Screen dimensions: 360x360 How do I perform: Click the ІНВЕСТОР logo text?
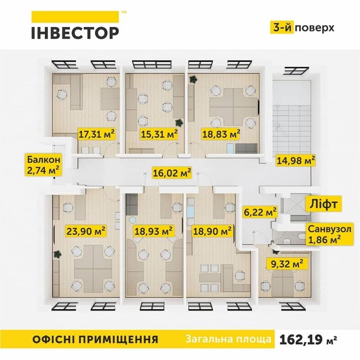pyautogui.click(x=74, y=31)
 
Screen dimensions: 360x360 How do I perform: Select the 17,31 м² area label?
pyautogui.click(x=97, y=134)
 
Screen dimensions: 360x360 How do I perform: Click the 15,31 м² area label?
pyautogui.click(x=159, y=134)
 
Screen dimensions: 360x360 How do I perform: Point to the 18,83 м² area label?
pyautogui.click(x=221, y=134)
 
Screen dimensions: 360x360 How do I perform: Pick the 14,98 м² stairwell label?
pyautogui.click(x=295, y=161)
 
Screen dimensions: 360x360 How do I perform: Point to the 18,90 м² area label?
pyautogui.click(x=212, y=231)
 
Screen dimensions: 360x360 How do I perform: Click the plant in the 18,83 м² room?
pyautogui.click(x=193, y=80)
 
